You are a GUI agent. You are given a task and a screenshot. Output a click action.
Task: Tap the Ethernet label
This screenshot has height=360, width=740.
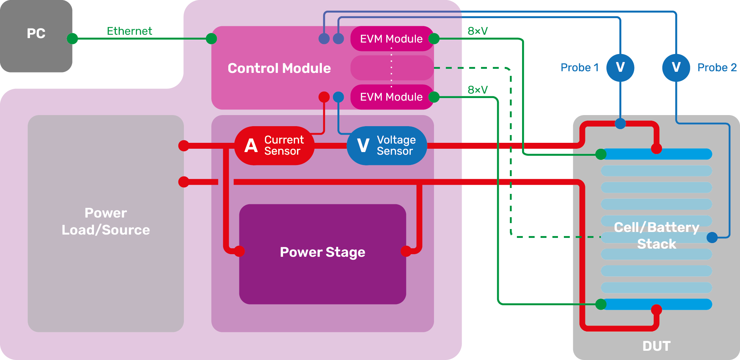click(x=129, y=31)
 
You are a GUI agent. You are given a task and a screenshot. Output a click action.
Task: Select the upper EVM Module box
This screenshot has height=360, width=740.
click(x=391, y=38)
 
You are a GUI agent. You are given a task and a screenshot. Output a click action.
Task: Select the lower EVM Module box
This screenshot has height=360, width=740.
click(x=391, y=97)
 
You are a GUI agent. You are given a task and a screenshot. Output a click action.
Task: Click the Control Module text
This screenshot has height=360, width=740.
click(x=279, y=68)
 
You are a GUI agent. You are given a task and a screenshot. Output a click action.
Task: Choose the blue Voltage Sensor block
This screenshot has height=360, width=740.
click(x=387, y=145)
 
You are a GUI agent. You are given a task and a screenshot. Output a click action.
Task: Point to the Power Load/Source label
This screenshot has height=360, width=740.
click(x=106, y=221)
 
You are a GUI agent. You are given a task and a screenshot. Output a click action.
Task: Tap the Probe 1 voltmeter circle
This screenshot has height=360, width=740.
click(x=620, y=67)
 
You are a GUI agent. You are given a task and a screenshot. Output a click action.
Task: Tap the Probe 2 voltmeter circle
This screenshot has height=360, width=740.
click(x=676, y=67)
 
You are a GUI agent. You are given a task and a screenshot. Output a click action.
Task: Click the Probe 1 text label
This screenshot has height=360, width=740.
click(x=579, y=68)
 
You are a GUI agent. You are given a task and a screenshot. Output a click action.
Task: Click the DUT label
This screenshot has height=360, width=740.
click(x=656, y=346)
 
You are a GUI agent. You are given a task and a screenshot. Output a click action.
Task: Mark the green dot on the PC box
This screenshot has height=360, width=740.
click(x=73, y=38)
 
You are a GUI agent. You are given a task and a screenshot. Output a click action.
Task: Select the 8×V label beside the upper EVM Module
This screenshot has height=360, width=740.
click(x=478, y=31)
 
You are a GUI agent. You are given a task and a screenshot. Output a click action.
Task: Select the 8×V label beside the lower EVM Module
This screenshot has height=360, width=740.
click(x=478, y=90)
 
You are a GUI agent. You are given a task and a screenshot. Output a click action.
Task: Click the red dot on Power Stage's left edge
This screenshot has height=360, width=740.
click(x=239, y=251)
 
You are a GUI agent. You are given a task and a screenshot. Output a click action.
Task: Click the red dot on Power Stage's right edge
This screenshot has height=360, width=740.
click(x=406, y=251)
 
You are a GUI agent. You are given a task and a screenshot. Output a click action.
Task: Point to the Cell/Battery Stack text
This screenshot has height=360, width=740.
click(x=657, y=236)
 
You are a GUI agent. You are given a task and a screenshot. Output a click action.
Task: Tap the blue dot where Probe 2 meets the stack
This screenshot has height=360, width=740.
click(x=712, y=238)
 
